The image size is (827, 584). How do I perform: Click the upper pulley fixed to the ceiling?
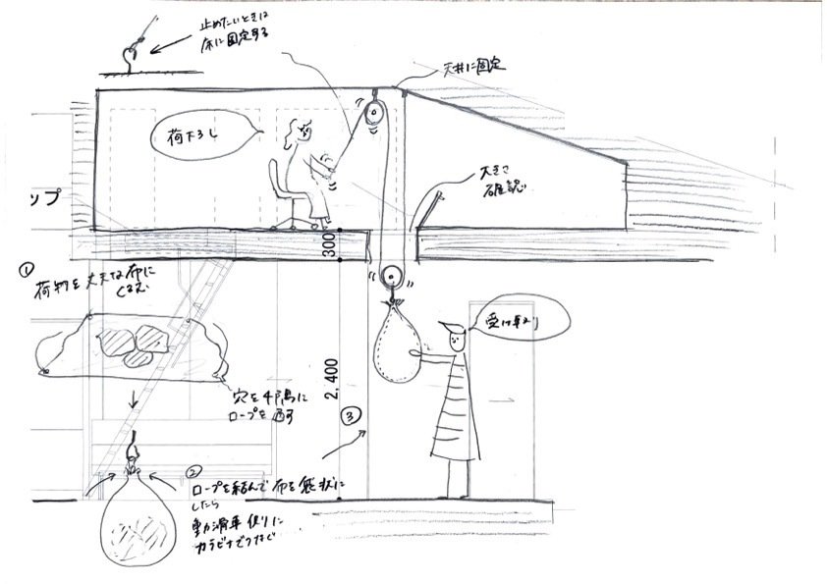(373, 115)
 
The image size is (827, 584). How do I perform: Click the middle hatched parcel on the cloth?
(152, 338)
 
